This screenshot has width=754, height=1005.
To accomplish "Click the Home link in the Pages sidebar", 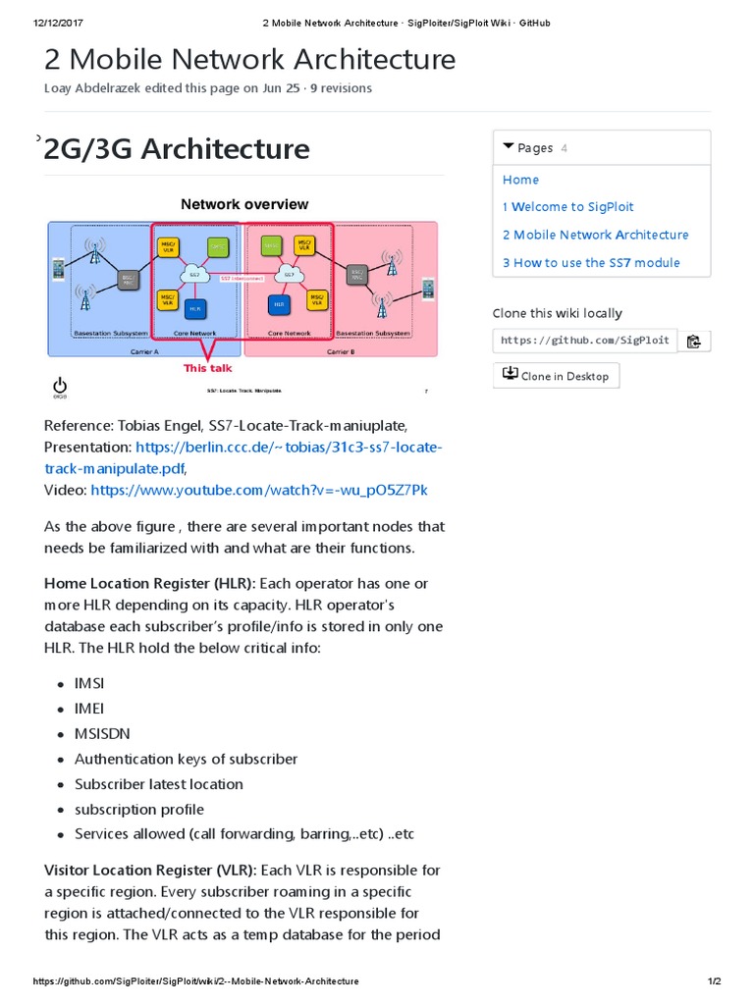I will [520, 180].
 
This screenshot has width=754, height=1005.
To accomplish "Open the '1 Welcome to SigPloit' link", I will [567, 207].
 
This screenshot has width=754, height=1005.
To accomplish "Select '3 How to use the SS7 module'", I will [590, 262].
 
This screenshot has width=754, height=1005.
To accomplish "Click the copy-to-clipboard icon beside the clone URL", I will [694, 341].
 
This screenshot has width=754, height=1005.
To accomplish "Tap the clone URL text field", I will [584, 341].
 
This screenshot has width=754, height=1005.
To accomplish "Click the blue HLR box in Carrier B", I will [280, 304].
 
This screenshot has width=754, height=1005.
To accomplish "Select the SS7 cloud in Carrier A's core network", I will [194, 274].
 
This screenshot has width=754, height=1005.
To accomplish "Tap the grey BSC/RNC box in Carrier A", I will [126, 281].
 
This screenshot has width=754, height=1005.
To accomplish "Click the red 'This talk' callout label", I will [209, 368].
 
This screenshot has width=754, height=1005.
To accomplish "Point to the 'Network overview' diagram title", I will [244, 204].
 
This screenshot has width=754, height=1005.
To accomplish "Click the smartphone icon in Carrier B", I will [428, 289].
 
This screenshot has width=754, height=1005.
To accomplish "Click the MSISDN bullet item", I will [102, 733].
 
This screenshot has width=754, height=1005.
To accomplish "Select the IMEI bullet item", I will [89, 708].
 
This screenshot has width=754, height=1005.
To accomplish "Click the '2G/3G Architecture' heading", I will [177, 149].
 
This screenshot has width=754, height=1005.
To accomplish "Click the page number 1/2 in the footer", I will [714, 981].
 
